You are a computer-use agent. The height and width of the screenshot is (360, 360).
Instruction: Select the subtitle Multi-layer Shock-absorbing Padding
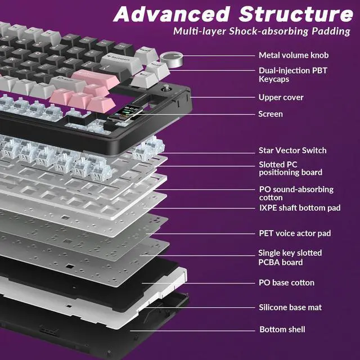pos(262,31)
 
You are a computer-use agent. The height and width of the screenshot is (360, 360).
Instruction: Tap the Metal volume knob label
pos(293,55)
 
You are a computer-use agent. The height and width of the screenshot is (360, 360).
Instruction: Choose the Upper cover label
pos(281,97)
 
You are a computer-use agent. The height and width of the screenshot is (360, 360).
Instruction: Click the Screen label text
pos(271,114)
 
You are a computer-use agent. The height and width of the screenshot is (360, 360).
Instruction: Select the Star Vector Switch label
pos(292,150)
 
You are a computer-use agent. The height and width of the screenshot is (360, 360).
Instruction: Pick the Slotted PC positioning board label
pos(290,168)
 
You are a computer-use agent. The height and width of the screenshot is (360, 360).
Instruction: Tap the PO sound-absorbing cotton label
pos(295,193)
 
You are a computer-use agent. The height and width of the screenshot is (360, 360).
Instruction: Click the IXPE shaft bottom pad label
pos(299,208)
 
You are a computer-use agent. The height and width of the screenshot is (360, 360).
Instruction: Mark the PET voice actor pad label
pos(295,233)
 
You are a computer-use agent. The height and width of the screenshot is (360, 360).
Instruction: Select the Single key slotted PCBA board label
pos(290,258)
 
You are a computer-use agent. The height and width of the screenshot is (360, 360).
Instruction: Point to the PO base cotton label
pos(286,282)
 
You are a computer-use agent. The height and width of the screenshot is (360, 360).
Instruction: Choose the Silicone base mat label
pos(290,307)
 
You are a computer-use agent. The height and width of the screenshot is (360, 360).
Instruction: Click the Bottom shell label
pos(282,329)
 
